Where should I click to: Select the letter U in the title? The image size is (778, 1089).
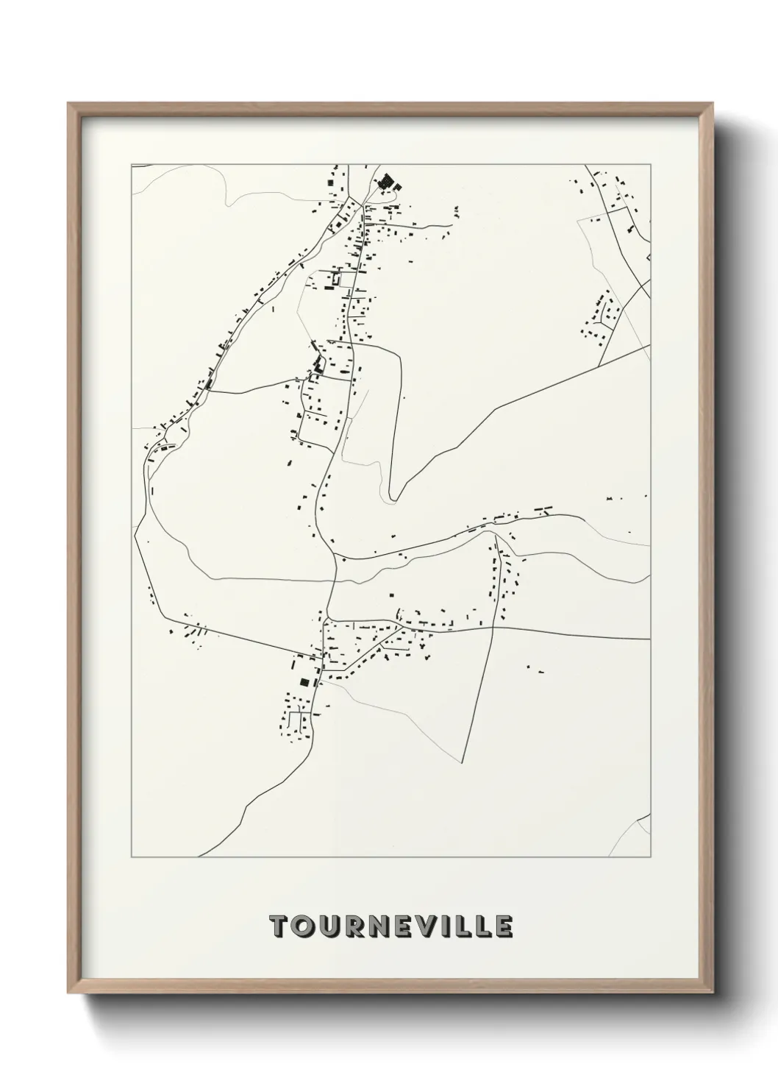point(329,927)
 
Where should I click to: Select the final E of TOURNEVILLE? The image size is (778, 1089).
point(504,927)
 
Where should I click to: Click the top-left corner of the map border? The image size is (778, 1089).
point(132,165)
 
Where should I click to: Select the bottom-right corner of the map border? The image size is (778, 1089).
point(650,857)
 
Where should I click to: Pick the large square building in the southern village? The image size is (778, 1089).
point(304,681)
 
